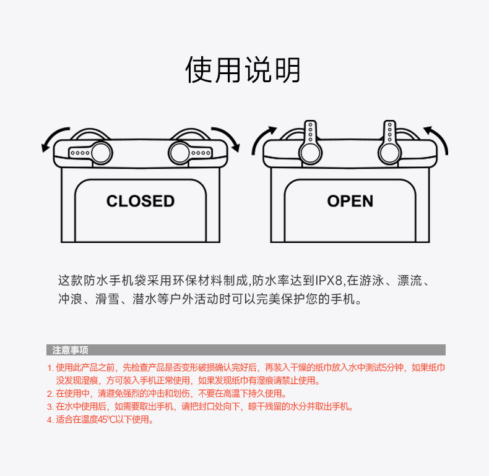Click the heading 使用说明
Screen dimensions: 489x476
pyautogui.click(x=243, y=70)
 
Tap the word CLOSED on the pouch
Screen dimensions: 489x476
pyautogui.click(x=141, y=201)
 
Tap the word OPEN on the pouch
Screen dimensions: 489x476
pyautogui.click(x=350, y=201)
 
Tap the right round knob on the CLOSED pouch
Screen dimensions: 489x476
pyautogui.click(x=180, y=151)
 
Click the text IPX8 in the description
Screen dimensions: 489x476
pyautogui.click(x=327, y=281)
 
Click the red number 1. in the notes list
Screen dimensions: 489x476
pyautogui.click(x=50, y=367)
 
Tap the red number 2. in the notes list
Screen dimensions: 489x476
pyautogui.click(x=50, y=394)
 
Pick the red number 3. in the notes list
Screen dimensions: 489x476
pyautogui.click(x=50, y=407)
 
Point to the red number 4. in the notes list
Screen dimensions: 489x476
pyautogui.click(x=50, y=420)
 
